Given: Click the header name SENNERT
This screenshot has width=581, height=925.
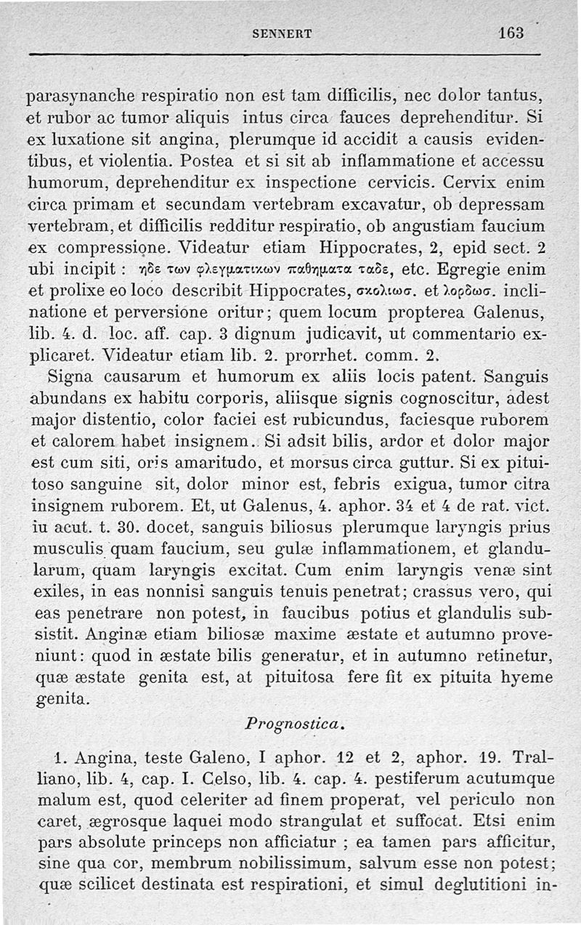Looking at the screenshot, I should click(283, 33).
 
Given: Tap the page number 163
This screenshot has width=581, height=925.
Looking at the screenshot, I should click(511, 33).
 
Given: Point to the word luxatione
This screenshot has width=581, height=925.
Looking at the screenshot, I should click(106, 137).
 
